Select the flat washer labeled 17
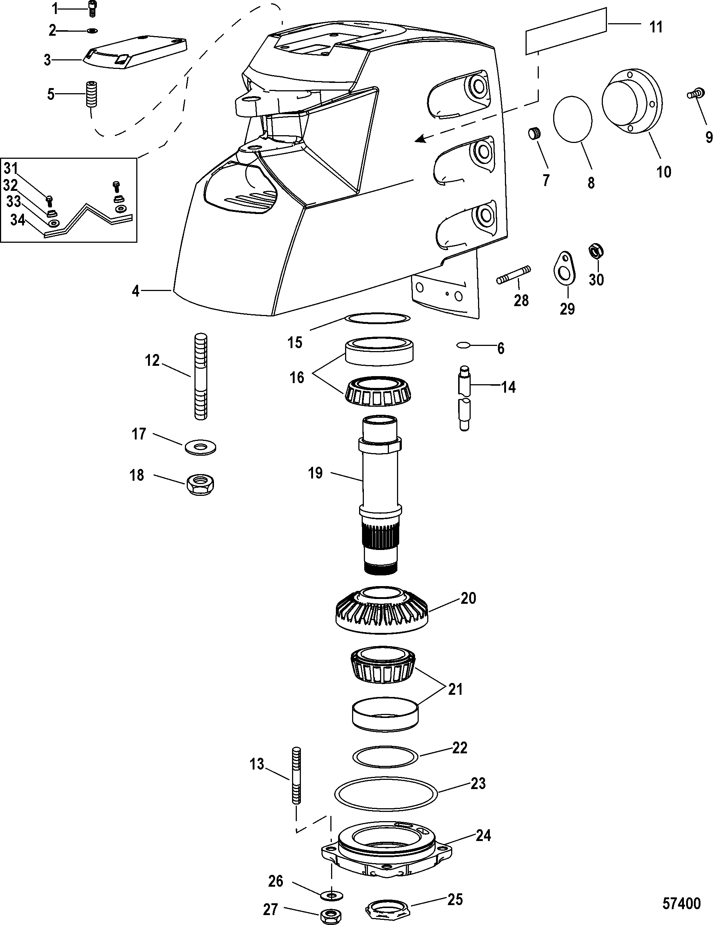tap(200, 447)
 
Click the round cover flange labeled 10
tap(632, 104)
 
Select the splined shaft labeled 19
tap(380, 495)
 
